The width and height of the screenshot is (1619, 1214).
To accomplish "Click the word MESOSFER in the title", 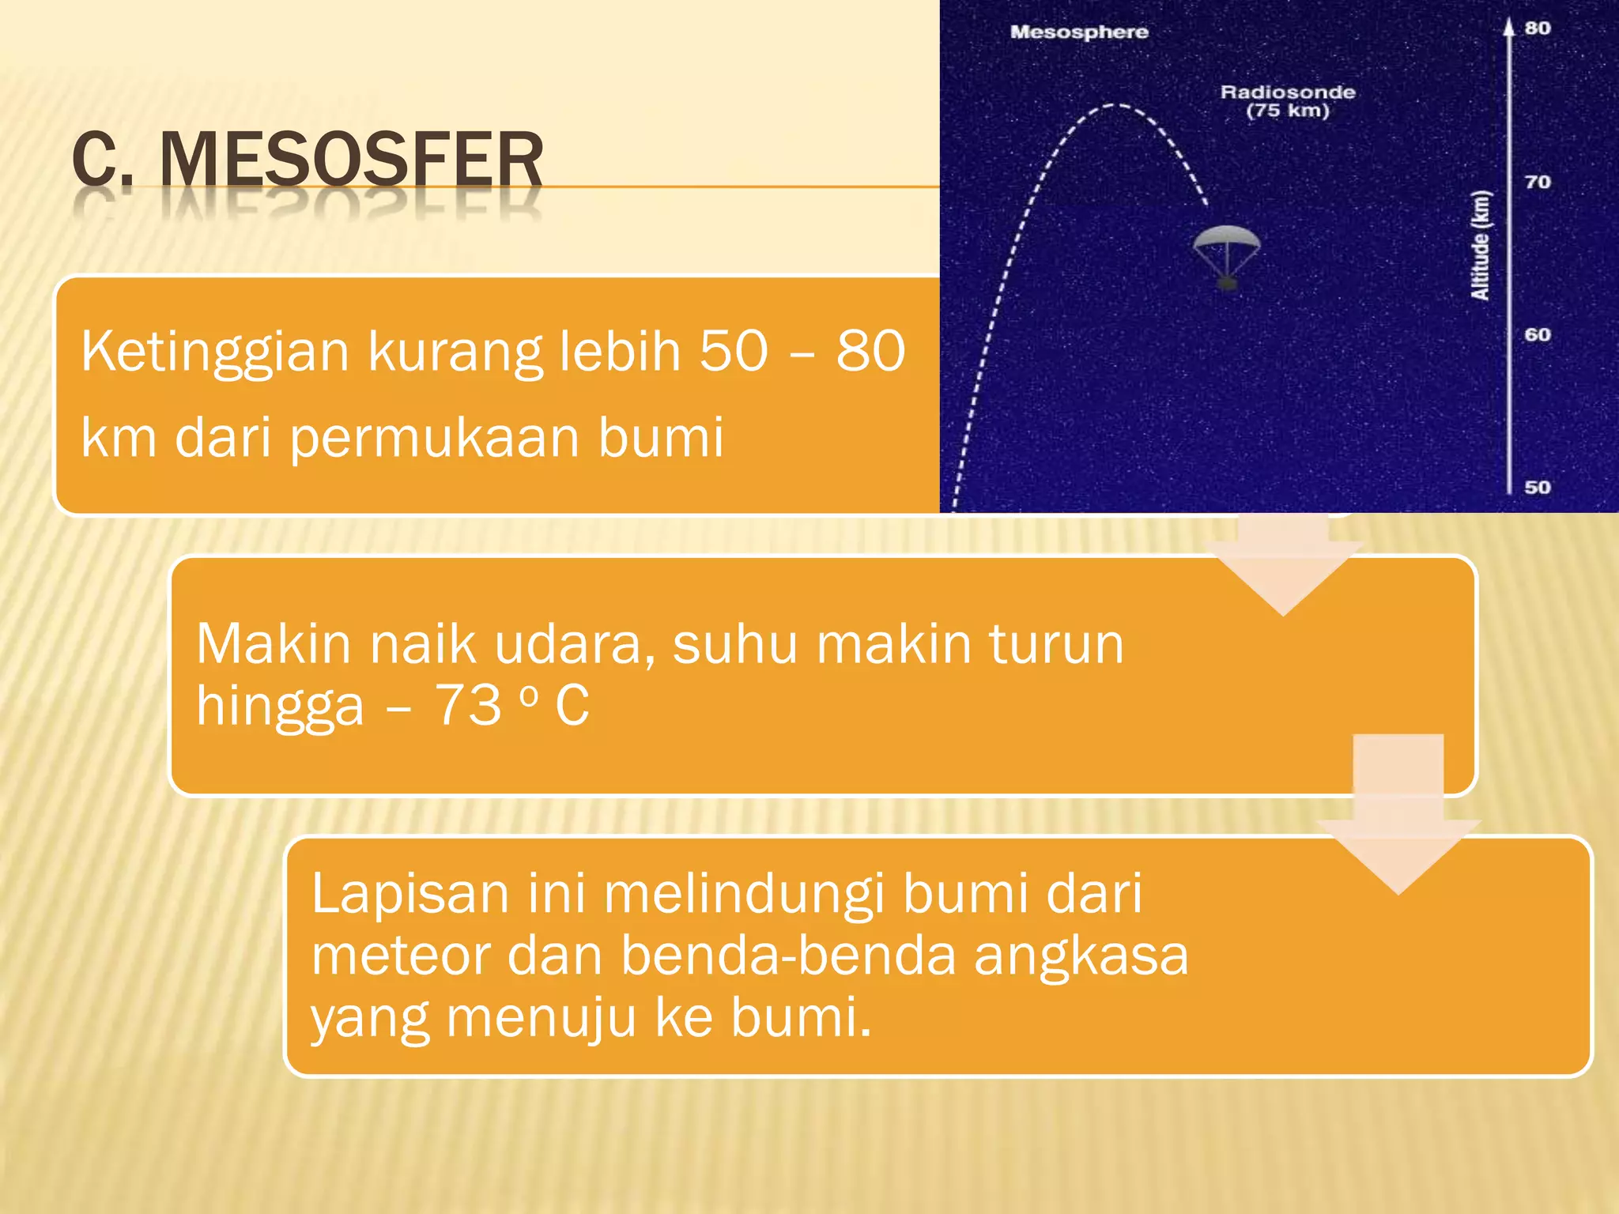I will [351, 160].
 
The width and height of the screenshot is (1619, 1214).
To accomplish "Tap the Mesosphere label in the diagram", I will [1079, 32].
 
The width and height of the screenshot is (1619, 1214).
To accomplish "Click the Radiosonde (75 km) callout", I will [1288, 101].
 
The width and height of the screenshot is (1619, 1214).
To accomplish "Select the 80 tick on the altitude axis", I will [1538, 28].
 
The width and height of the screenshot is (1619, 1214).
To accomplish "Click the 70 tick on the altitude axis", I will [1538, 182].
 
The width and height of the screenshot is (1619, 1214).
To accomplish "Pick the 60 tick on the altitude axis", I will [1538, 334].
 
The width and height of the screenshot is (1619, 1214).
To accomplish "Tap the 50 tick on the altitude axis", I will [1538, 487].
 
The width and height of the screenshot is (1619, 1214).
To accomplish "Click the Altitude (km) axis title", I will [1480, 246].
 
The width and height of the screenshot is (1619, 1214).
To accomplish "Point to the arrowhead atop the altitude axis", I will [1508, 28].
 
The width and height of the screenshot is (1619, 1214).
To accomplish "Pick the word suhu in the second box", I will [734, 644].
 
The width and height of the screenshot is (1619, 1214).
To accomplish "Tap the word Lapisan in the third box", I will [410, 894].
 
